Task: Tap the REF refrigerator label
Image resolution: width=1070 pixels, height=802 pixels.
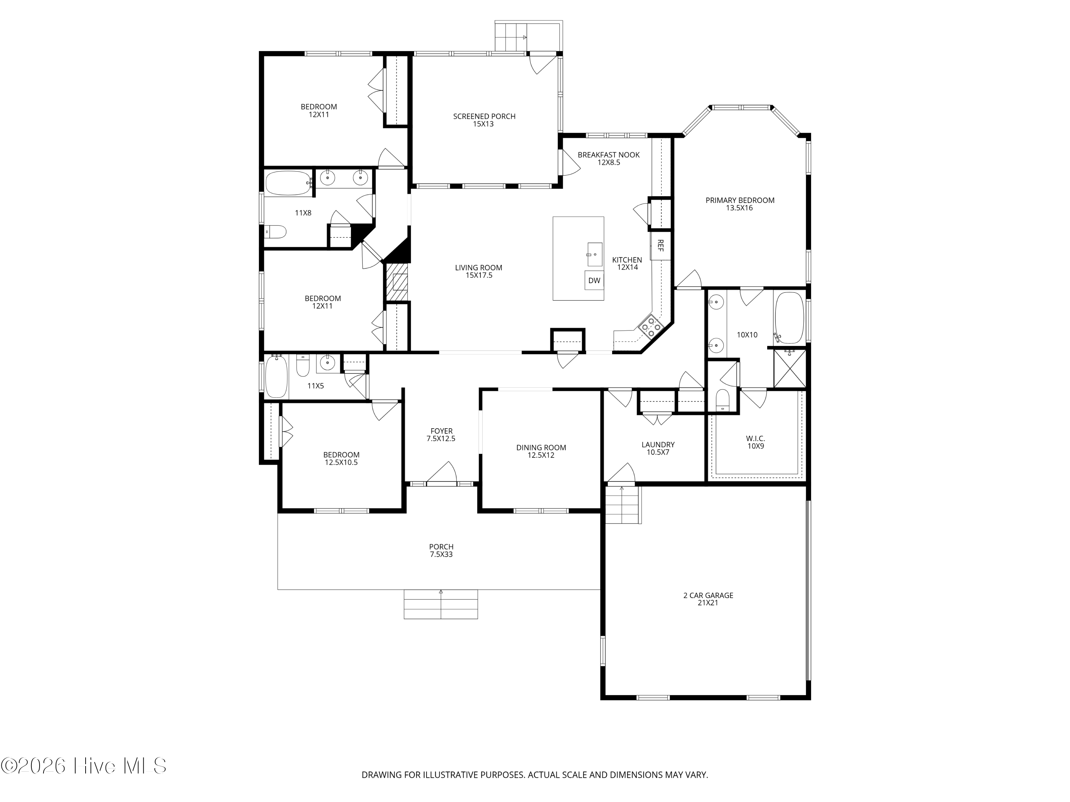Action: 660,246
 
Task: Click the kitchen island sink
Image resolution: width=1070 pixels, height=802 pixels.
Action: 595,254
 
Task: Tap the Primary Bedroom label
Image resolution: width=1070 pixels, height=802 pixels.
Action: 740,204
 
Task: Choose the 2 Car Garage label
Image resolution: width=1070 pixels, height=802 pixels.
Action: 708,599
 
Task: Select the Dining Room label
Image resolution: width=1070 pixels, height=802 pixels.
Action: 541,451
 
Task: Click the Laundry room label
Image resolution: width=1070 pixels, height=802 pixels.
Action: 658,448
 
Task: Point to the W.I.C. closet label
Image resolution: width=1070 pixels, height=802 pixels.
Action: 755,442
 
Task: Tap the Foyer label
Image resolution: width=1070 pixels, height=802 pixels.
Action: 441,435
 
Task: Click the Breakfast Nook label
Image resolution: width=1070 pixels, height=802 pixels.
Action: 608,159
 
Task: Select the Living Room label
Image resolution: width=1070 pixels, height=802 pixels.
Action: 479,271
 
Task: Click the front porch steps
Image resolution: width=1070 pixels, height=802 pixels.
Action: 441,604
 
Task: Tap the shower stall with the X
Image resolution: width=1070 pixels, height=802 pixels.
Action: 789,369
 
